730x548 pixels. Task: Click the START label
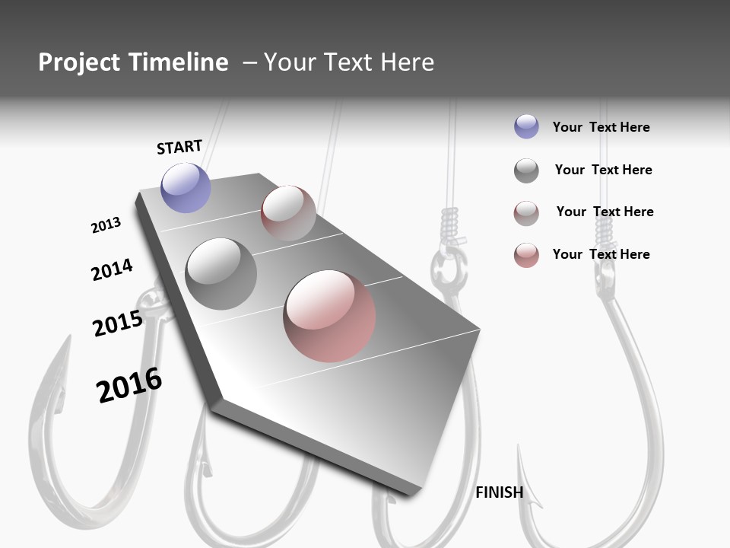coord(179,147)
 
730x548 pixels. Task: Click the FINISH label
coord(500,492)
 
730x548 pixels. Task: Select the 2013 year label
coord(106,225)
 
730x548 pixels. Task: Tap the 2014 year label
coord(112,269)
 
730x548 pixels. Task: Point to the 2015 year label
coord(117,323)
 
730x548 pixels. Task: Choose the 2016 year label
coord(129,385)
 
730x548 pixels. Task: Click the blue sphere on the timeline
coord(186,187)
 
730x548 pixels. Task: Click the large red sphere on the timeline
coord(329,316)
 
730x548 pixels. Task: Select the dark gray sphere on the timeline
coord(221,274)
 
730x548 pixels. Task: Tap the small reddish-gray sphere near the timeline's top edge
coord(288,212)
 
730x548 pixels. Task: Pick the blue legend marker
coord(526,126)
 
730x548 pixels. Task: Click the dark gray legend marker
coord(526,170)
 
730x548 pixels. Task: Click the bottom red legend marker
coord(526,255)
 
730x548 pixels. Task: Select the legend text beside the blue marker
coord(601,127)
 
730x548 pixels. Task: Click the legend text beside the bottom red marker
coord(601,254)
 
